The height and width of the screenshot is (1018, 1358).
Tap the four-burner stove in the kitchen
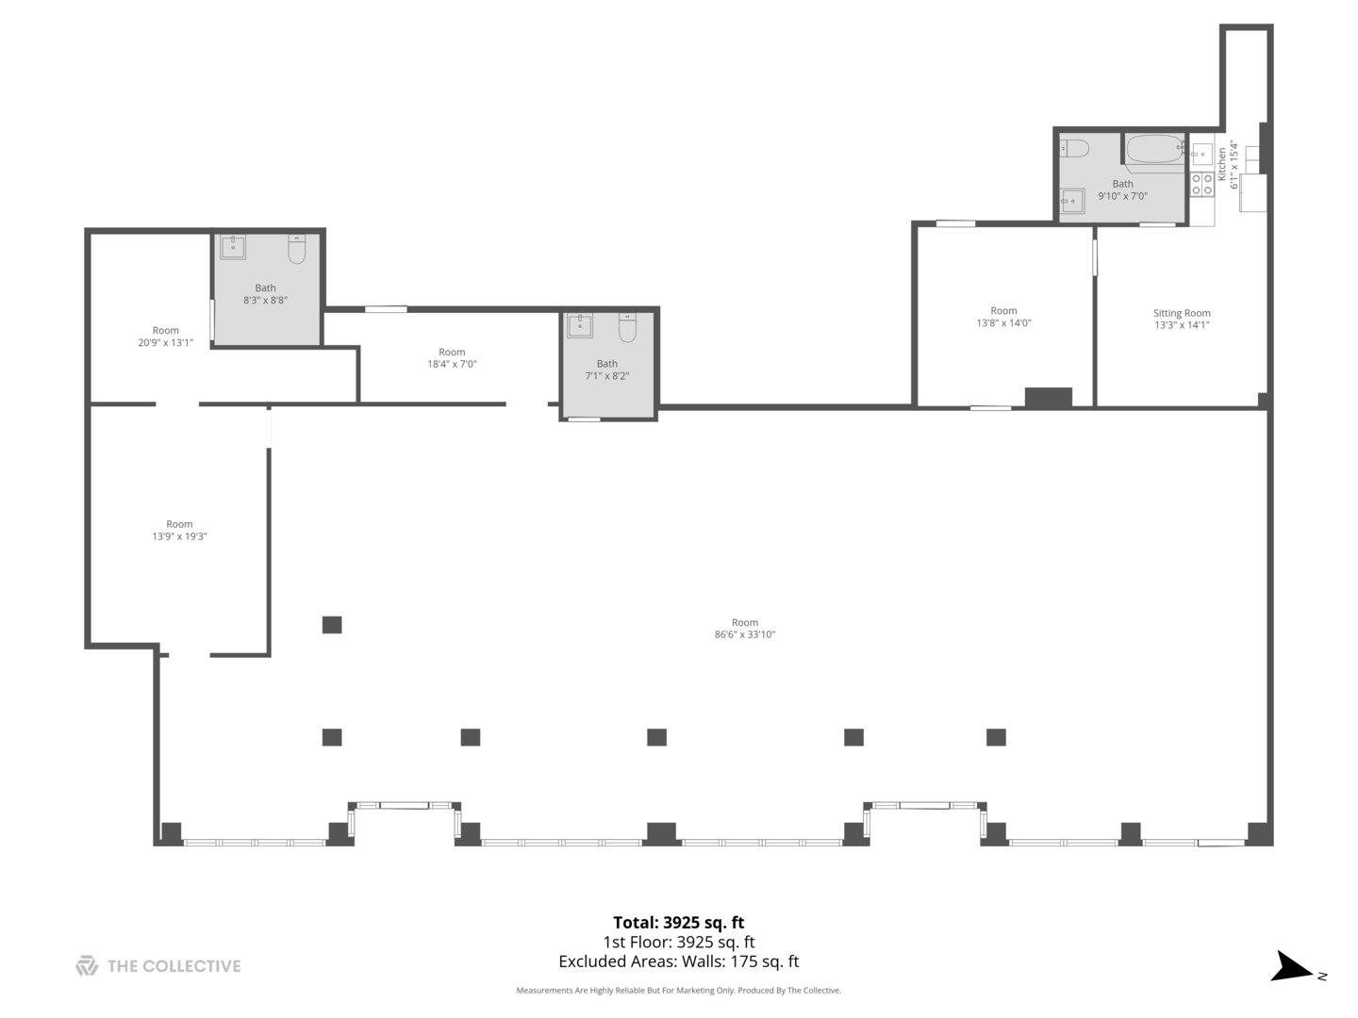[1201, 184]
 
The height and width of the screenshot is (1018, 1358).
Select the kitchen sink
[1201, 154]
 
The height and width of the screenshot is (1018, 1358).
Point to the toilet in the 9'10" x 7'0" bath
[1075, 148]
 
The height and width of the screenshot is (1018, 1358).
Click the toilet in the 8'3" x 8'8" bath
[297, 249]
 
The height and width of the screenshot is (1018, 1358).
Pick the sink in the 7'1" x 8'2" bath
[579, 326]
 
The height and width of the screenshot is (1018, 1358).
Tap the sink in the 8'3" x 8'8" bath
[233, 247]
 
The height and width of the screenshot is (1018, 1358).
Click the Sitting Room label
[1182, 313]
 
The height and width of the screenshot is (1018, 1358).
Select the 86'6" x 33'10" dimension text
[744, 634]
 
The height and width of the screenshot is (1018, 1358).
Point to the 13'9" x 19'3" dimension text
[179, 536]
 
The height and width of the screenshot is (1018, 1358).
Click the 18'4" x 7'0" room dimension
[452, 364]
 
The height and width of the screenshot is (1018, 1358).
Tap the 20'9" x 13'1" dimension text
[165, 342]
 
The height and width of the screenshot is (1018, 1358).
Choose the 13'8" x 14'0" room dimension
[1003, 322]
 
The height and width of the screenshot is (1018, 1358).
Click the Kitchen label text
[1222, 164]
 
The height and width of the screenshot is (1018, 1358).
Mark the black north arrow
[1290, 967]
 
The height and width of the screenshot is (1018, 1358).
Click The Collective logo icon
[87, 965]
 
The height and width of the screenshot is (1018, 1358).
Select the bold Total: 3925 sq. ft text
[678, 922]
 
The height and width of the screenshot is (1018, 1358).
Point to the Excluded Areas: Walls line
[678, 961]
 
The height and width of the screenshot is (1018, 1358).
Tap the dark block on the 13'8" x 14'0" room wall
[1048, 398]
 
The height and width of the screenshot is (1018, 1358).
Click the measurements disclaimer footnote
[678, 990]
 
